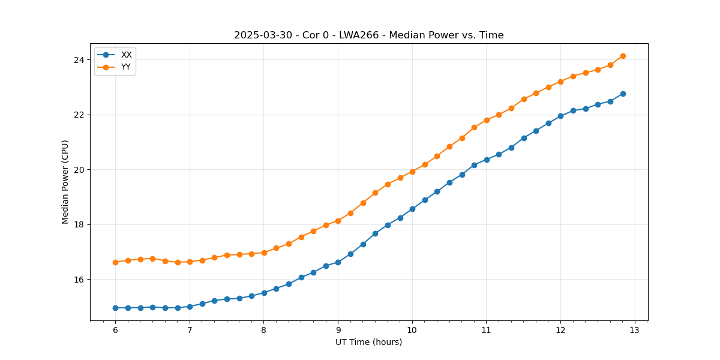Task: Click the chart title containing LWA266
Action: pyautogui.click(x=368, y=35)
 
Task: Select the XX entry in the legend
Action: pyautogui.click(x=126, y=55)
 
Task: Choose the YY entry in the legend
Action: pyautogui.click(x=126, y=67)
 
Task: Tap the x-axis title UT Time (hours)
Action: pyautogui.click(x=368, y=343)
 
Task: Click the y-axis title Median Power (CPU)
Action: pyautogui.click(x=65, y=182)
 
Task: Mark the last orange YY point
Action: pyautogui.click(x=623, y=56)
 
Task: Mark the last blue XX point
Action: pyautogui.click(x=623, y=94)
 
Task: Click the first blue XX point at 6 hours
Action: pyautogui.click(x=115, y=308)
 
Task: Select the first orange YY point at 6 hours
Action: pyautogui.click(x=115, y=262)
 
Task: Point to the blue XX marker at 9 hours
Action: pyautogui.click(x=338, y=262)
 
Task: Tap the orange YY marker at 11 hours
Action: pyautogui.click(x=487, y=120)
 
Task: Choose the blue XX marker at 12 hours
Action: pyautogui.click(x=560, y=116)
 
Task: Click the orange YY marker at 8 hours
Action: pyautogui.click(x=264, y=253)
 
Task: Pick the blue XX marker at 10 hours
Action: pyautogui.click(x=412, y=209)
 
